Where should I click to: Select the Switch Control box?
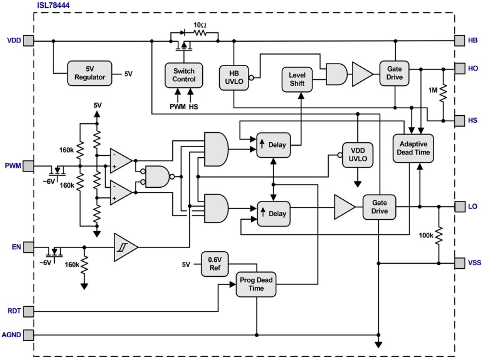[184, 75]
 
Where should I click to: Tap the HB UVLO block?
[234, 77]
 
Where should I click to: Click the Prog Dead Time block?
[256, 284]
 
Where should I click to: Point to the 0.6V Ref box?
[215, 264]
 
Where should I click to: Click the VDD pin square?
[29, 40]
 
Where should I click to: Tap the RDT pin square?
[29, 311]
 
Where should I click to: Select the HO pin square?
[460, 69]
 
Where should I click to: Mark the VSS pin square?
[460, 263]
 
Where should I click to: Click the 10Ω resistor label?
[200, 25]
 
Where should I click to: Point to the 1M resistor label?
[433, 90]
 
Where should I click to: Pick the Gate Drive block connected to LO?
[380, 207]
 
